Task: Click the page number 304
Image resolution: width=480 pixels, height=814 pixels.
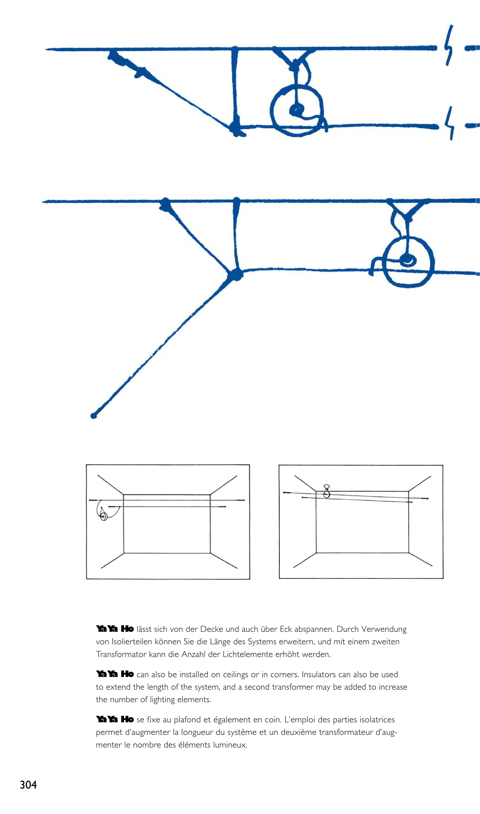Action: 28,785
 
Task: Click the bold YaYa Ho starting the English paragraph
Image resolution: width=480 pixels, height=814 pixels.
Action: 115,674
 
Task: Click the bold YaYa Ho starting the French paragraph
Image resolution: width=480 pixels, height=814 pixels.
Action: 115,719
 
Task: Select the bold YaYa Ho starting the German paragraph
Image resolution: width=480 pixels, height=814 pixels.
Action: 115,629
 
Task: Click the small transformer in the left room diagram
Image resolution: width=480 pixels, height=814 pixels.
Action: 103,517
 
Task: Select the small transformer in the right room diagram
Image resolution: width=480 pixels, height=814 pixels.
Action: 327,491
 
